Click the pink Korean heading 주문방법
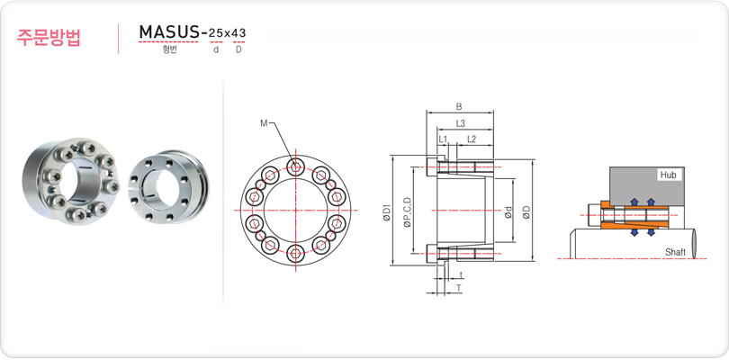(x=49, y=38)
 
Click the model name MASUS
(x=169, y=32)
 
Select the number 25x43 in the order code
(x=228, y=33)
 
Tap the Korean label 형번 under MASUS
(x=170, y=49)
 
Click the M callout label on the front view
(x=264, y=122)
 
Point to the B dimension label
(x=459, y=106)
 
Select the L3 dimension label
(x=460, y=123)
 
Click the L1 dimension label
(x=443, y=139)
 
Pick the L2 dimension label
(x=472, y=139)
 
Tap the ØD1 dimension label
(x=387, y=212)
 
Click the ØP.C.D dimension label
(x=409, y=212)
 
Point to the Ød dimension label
(x=508, y=212)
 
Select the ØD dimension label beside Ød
(x=526, y=212)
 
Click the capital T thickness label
(x=459, y=288)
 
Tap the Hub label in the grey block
(x=668, y=175)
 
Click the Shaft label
(x=675, y=252)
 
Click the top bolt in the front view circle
(x=295, y=166)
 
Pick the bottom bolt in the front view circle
(x=295, y=254)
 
